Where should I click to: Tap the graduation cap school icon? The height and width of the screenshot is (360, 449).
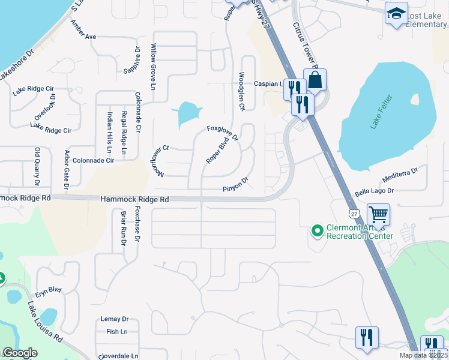coord(396,14)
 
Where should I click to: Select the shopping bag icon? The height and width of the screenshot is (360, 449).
coord(315,79)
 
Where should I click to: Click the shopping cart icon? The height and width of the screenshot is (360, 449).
coord(378,214)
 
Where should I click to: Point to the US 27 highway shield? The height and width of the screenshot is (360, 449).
coord(353,214)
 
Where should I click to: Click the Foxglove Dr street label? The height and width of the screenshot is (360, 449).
coord(223,133)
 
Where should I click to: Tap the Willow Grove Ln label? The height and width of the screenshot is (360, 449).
coord(154,67)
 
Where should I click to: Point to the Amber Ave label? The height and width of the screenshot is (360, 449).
coord(83,29)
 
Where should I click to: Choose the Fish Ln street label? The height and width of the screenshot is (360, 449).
coord(116,331)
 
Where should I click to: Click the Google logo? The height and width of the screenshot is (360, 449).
coord(20,353)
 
